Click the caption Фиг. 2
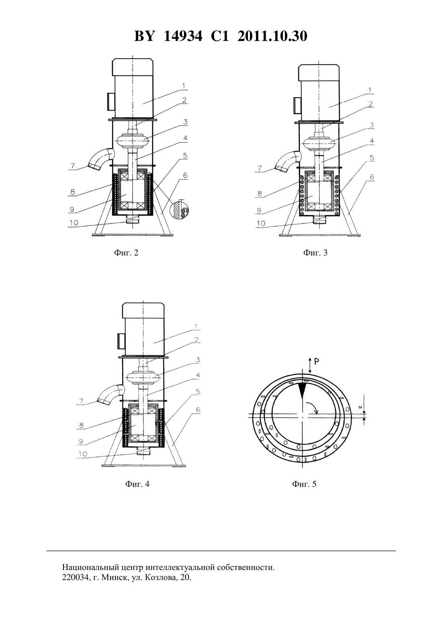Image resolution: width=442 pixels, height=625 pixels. (126, 253)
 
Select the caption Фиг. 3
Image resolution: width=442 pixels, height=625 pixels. (315, 253)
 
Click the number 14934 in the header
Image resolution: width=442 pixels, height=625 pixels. (183, 36)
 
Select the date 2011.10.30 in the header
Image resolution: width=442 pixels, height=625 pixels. (272, 36)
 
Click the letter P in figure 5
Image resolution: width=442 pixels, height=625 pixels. (317, 362)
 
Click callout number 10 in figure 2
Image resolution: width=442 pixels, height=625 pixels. (74, 223)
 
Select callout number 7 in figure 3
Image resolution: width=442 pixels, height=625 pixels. (260, 168)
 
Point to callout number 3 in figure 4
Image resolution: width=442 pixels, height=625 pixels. (198, 359)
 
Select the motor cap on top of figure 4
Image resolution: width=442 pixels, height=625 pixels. (143, 311)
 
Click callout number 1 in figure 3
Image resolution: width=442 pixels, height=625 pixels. (370, 90)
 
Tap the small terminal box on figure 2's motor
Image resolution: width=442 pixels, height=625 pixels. (109, 102)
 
